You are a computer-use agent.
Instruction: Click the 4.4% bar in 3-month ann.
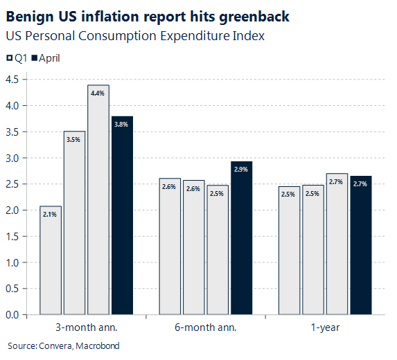tap(98, 201)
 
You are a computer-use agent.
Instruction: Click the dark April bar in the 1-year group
tap(361, 246)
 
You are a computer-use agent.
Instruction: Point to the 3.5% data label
tap(74, 140)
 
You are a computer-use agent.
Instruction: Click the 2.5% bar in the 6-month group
tap(218, 250)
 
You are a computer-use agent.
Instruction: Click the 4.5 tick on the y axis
tap(11, 80)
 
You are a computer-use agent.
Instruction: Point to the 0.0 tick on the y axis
tap(11, 315)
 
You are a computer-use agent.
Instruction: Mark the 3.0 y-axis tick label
tap(11, 158)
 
